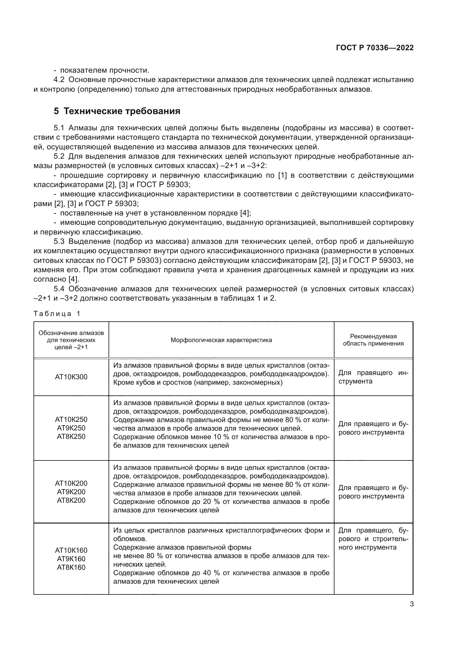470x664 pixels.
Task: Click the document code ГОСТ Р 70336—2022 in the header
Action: (x=375, y=48)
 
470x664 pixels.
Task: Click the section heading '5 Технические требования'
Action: (x=117, y=111)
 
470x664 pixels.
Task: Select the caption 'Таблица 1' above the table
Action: (x=57, y=314)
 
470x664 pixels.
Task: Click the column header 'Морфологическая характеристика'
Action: (x=221, y=340)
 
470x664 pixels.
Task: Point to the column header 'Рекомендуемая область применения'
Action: (x=373, y=340)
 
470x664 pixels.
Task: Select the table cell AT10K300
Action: (x=71, y=377)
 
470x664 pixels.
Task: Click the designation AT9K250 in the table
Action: (x=71, y=428)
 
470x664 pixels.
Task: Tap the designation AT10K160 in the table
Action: (x=71, y=550)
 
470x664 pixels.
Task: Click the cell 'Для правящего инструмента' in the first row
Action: (x=373, y=377)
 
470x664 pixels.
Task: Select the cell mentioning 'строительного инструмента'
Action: (x=373, y=539)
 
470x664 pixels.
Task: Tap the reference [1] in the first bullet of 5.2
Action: (x=282, y=175)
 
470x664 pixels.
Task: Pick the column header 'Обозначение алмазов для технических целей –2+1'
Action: (x=71, y=340)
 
